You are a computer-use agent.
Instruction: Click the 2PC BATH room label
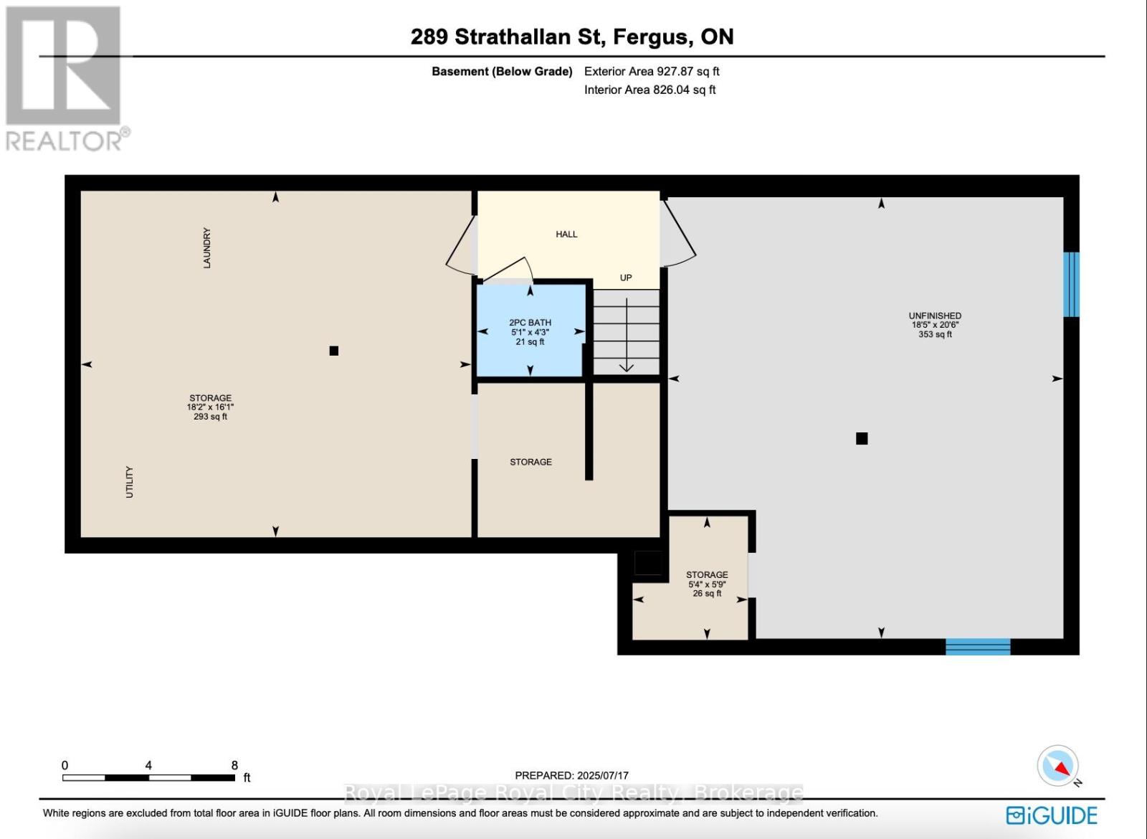tap(530, 323)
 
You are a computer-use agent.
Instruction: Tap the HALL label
tap(566, 234)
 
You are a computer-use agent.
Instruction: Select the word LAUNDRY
tap(206, 248)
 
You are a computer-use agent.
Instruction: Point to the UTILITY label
tap(130, 482)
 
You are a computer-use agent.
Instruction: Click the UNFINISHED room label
tap(935, 316)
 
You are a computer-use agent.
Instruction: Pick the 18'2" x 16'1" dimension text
tap(210, 407)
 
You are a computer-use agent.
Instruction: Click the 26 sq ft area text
tap(707, 594)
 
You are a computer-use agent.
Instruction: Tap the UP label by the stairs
tap(626, 278)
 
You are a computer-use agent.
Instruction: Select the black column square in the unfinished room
tap(862, 438)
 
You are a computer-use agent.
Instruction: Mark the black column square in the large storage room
tap(333, 351)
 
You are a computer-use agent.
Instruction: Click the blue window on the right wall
tap(1071, 284)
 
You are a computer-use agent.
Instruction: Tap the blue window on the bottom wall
tap(978, 647)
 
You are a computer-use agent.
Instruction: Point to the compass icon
tap(1058, 766)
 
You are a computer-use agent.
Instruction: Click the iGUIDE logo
tap(1052, 816)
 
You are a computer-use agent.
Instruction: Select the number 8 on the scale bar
tap(234, 765)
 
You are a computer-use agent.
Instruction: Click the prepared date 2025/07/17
tap(601, 775)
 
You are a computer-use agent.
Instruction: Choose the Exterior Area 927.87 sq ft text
tap(652, 72)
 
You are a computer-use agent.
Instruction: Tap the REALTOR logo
tap(65, 79)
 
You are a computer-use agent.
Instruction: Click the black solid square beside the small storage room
tap(648, 563)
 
